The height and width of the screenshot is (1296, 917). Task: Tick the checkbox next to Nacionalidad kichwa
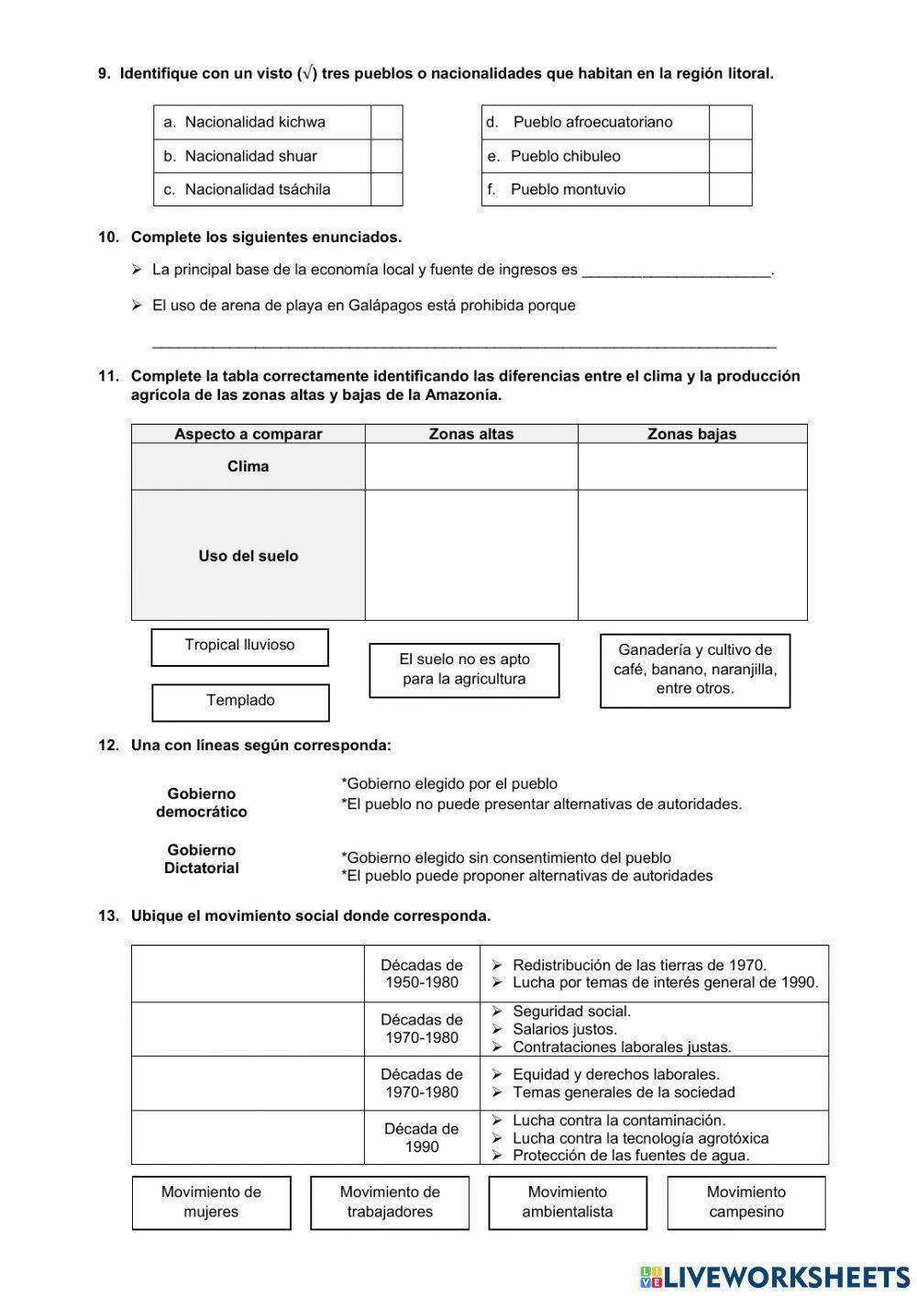(386, 122)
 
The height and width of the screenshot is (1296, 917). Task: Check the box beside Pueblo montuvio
(730, 189)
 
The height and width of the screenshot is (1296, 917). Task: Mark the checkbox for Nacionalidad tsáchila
(386, 189)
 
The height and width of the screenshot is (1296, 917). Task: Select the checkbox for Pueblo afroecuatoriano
(730, 122)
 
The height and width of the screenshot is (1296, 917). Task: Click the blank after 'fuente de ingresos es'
(677, 270)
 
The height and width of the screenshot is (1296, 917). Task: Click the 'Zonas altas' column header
(471, 434)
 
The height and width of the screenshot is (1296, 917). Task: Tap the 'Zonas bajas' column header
(691, 434)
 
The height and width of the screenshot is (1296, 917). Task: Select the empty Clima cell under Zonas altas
(471, 467)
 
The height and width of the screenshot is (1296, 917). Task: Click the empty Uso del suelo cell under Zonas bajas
(691, 555)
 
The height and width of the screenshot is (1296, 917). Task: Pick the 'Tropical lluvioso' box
(239, 646)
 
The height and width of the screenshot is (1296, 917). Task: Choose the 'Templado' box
(240, 702)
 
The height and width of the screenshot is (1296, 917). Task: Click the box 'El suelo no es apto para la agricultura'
(464, 670)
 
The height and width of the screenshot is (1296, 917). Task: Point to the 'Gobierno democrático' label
(202, 803)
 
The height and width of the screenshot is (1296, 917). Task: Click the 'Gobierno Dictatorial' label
(202, 858)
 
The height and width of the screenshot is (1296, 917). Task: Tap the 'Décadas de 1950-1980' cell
(422, 973)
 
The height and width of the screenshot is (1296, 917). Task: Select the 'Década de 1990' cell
(422, 1137)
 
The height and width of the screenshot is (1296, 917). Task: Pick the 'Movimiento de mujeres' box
(211, 1202)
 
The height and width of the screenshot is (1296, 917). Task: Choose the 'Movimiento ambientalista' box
(567, 1202)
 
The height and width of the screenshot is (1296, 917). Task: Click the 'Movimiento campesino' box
(746, 1202)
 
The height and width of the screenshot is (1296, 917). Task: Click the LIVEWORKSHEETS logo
(775, 1276)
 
